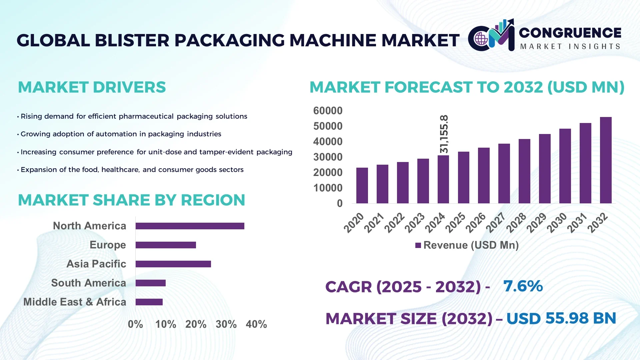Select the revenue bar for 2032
coord(605,160)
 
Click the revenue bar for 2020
coord(362,185)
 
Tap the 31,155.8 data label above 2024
coord(444,134)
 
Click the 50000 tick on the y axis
coord(328,126)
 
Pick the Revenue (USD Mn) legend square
coord(418,245)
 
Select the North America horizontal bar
coord(190,226)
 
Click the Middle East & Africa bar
coord(149,302)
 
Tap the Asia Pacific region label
coord(96,264)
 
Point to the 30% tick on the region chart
coord(226,324)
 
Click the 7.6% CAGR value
coord(523,286)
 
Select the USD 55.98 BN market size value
coord(561,318)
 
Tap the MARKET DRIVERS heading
coord(92,87)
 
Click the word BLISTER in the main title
coord(132,40)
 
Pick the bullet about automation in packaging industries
coord(121,134)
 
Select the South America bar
coord(150,283)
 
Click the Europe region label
coord(108,245)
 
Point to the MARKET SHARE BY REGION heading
coord(131,200)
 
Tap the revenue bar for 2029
coord(544,169)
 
